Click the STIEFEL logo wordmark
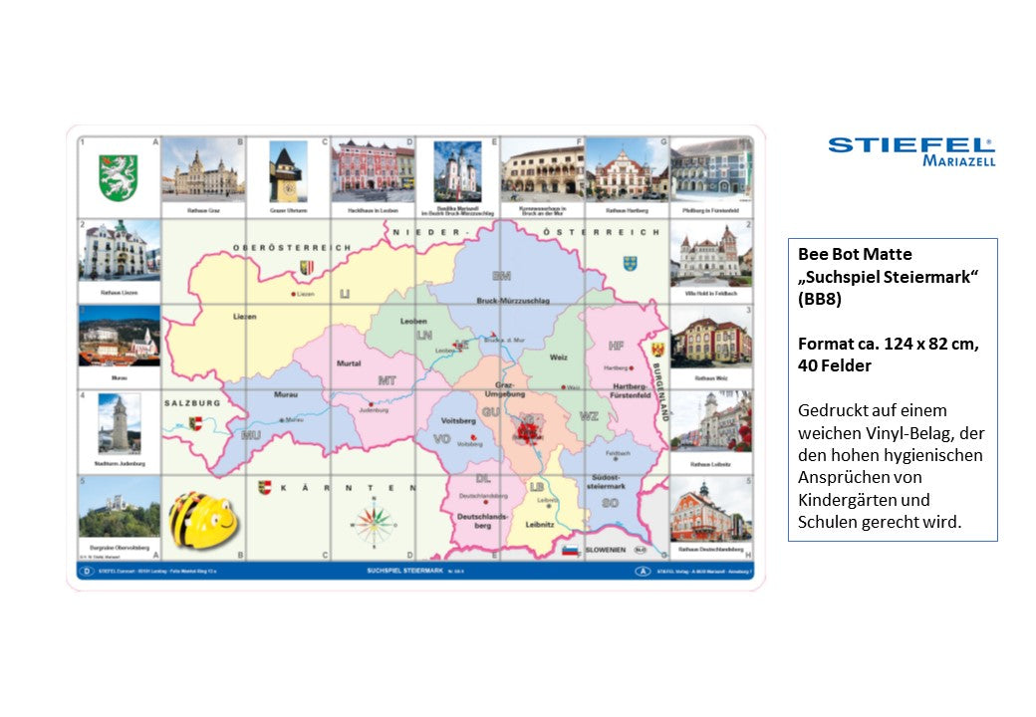click(x=910, y=145)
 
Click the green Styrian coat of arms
click(x=119, y=176)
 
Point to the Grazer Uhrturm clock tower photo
click(x=288, y=171)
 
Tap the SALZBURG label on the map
click(x=192, y=402)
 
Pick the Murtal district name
click(x=349, y=363)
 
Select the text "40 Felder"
click(x=835, y=365)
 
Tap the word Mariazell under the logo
click(x=957, y=160)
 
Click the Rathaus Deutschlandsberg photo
click(x=711, y=512)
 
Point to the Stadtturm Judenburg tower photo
click(x=119, y=425)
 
